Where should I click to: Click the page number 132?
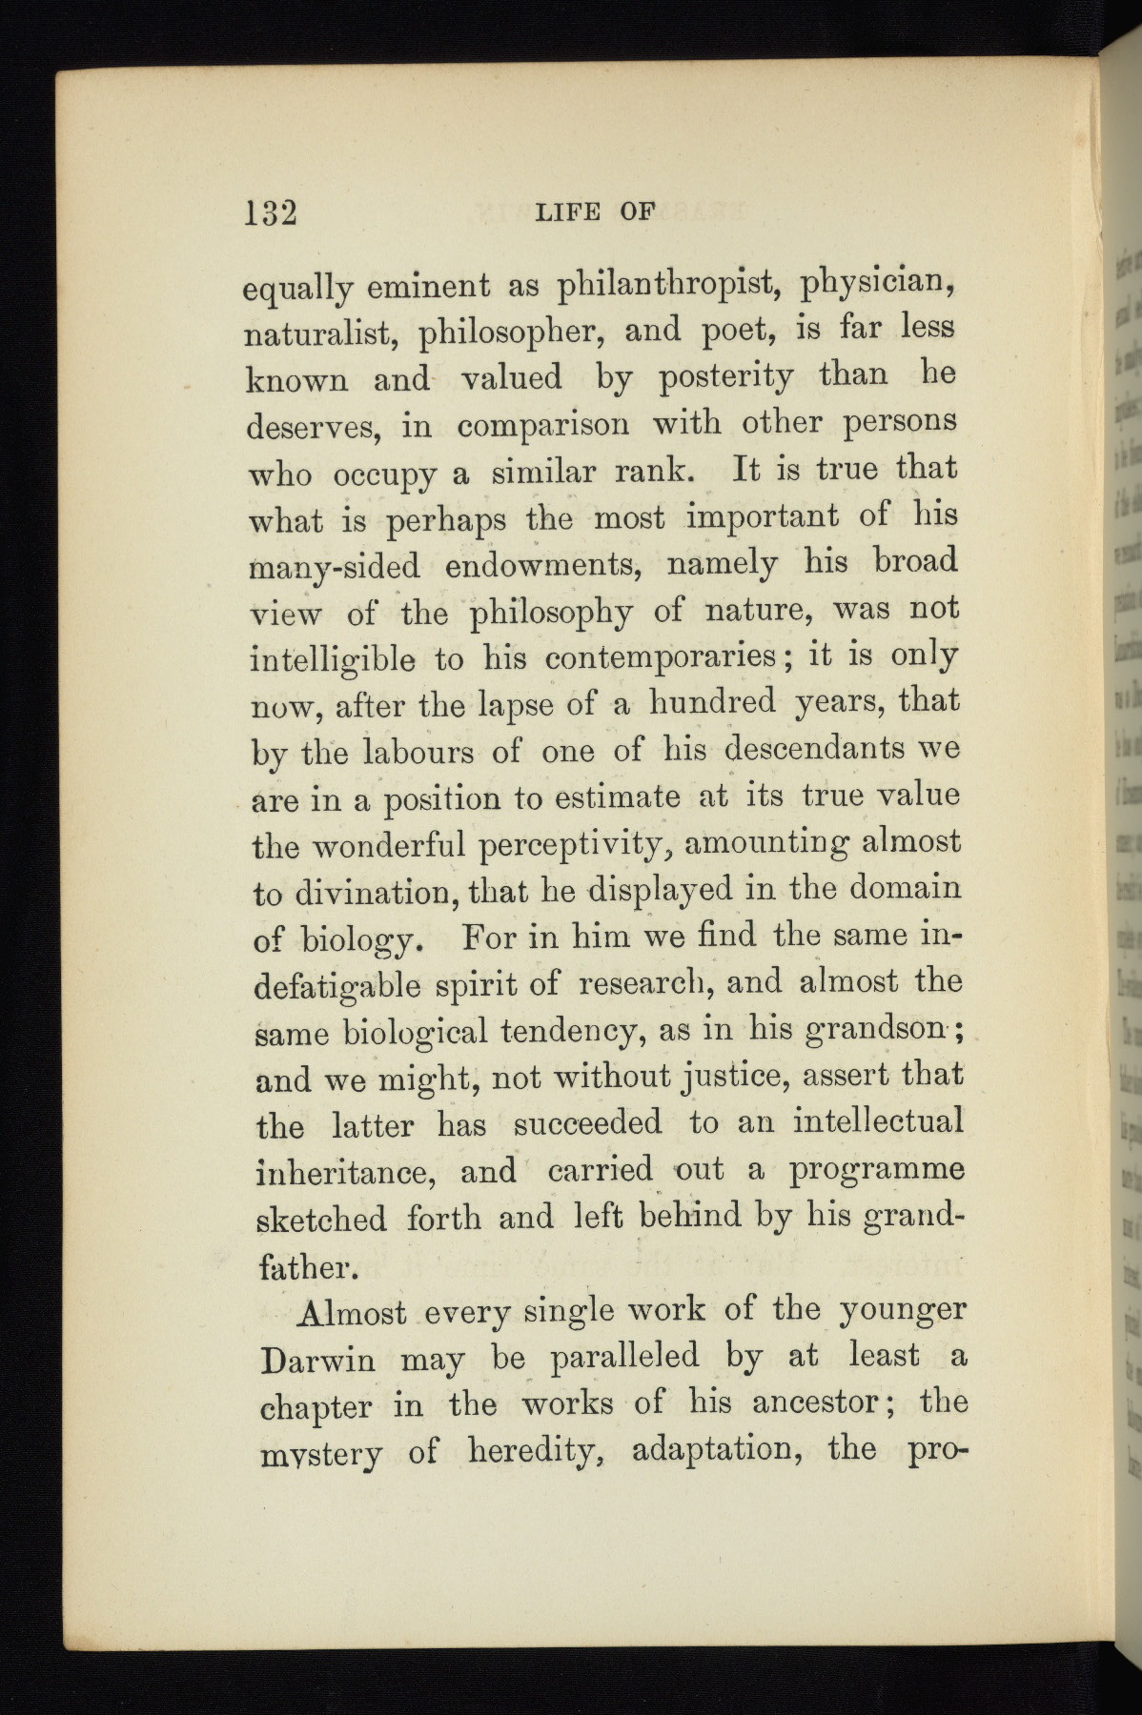pyautogui.click(x=271, y=212)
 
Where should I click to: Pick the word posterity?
pyautogui.click(x=726, y=377)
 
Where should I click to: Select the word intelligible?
pyautogui.click(x=332, y=659)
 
